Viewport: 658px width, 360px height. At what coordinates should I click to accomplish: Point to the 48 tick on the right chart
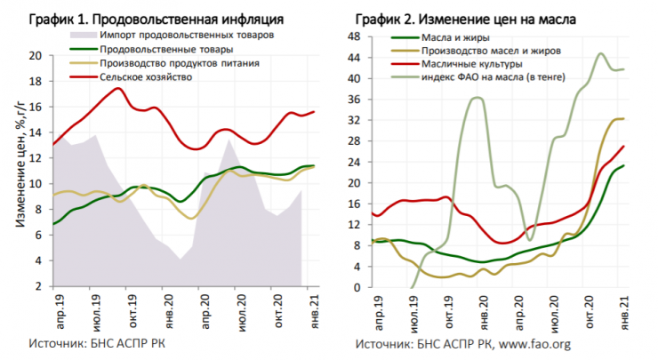tap(352, 37)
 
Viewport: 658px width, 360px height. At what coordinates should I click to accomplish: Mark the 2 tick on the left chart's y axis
tap(38, 287)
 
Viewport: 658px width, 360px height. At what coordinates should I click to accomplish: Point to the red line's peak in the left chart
tap(119, 87)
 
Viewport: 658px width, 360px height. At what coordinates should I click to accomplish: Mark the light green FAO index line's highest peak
tap(600, 53)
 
